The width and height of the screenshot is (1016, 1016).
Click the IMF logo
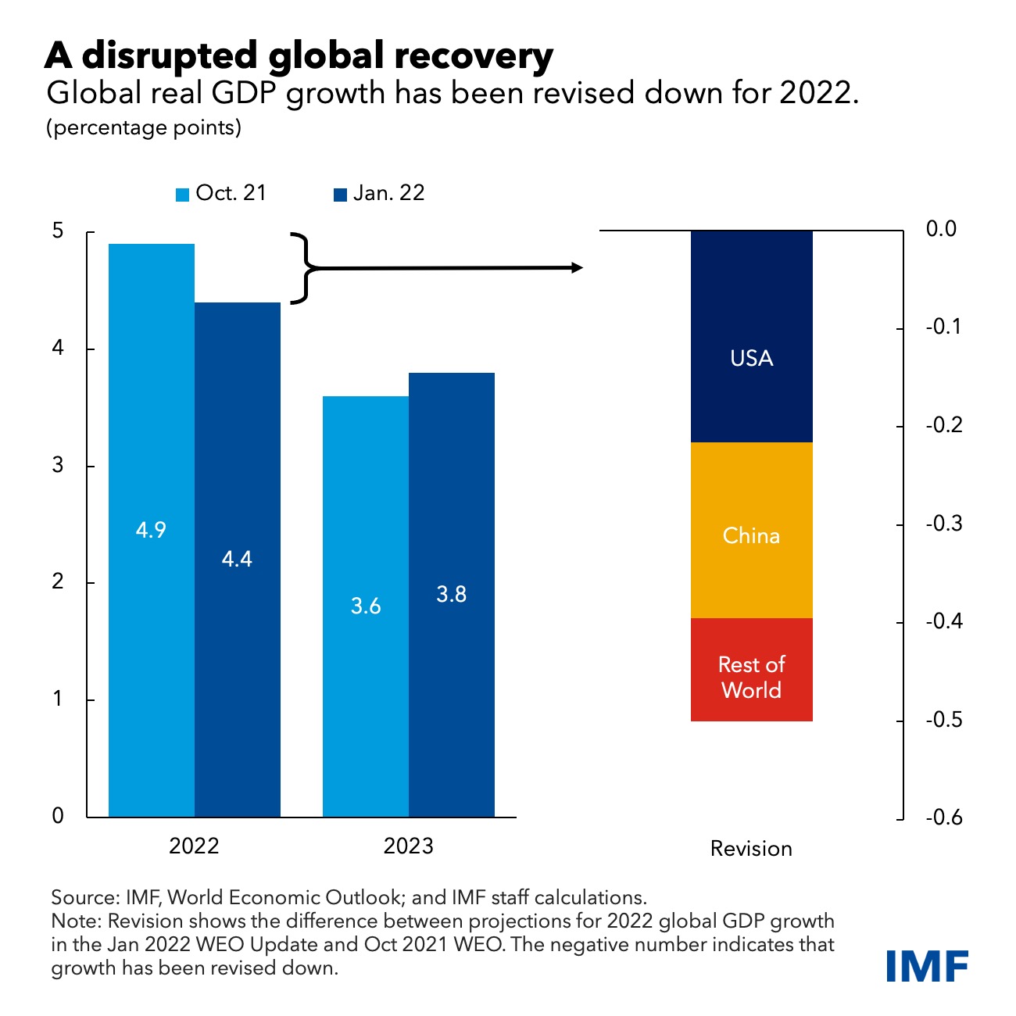928,966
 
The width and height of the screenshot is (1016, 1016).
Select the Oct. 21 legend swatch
183,195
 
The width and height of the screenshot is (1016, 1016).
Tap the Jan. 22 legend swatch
340,195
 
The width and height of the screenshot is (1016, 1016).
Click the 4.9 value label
151,530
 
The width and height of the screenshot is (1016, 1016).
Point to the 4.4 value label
237,559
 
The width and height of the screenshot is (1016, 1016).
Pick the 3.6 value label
366,606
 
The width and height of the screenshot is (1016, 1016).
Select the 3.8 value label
451,594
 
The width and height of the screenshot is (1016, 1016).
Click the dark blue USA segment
751,336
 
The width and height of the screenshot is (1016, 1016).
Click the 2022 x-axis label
194,846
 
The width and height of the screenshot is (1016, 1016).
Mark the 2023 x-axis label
408,846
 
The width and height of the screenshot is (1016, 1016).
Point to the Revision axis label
751,849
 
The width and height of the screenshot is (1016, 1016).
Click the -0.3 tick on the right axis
943,524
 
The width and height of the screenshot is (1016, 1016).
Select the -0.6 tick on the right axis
943,817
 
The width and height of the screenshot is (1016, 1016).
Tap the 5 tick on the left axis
58,231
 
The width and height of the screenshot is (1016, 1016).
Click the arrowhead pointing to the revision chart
577,267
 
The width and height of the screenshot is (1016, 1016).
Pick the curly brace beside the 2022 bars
304,267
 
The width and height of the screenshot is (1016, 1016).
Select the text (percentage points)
144,127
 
